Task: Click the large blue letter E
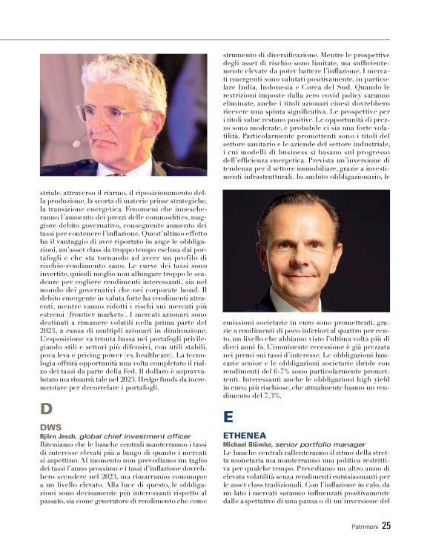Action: pos(228,417)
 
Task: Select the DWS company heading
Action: pos(51,427)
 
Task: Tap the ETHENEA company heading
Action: pos(246,436)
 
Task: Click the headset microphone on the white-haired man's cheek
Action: pos(77,142)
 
